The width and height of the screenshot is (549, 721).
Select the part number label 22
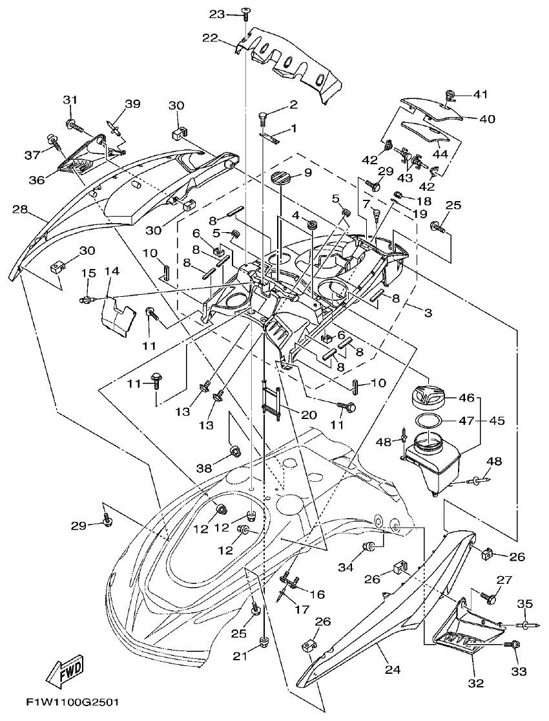209,38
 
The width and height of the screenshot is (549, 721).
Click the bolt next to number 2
264,117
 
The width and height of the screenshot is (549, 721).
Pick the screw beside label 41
450,98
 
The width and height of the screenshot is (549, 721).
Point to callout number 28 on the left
21,210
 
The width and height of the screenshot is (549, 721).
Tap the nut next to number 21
262,641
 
